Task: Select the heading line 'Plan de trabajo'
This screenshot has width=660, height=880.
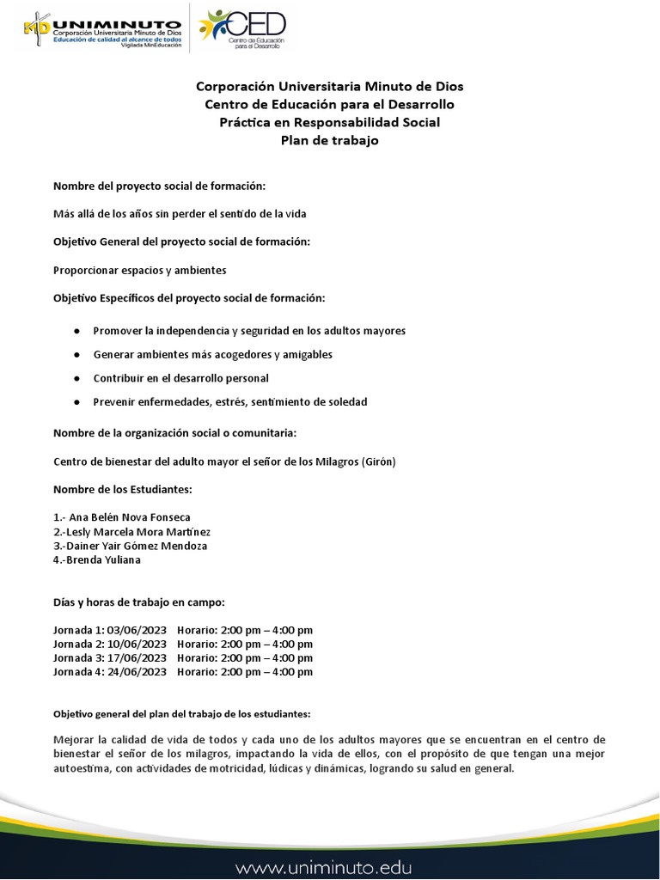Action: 330,141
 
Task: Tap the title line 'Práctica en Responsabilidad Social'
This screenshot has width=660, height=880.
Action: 330,123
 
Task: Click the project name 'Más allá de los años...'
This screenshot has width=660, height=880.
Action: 180,213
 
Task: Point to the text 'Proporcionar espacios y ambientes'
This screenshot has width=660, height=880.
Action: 140,270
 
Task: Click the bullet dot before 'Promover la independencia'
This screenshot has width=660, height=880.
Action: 77,331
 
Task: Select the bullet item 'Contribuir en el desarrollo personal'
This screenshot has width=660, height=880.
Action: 181,378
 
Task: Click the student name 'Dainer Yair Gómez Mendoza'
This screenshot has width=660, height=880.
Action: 133,546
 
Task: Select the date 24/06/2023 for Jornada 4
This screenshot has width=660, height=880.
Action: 137,672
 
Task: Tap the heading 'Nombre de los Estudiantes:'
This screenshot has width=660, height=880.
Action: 123,489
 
